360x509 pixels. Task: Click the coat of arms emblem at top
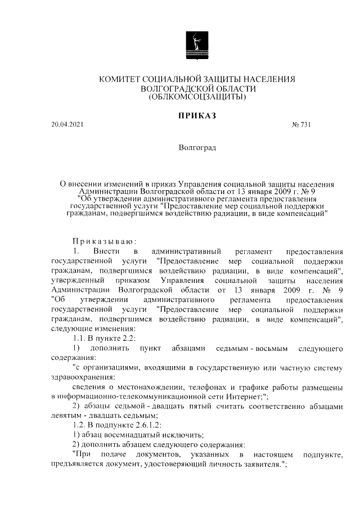[196, 44]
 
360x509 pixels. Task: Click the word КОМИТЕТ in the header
[120, 80]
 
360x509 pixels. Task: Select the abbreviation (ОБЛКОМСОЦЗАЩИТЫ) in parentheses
[197, 98]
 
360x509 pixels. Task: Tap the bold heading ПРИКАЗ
[197, 116]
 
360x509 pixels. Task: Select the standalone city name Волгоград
[196, 148]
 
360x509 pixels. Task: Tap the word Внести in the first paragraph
[106, 250]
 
